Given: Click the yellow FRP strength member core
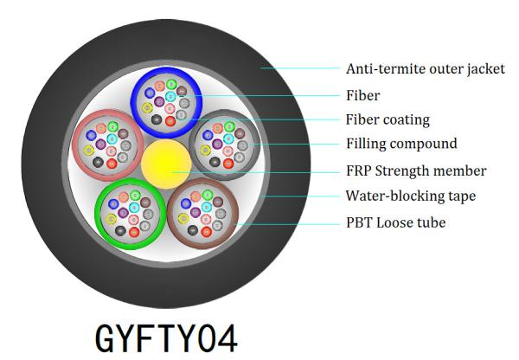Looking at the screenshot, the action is click(166, 164).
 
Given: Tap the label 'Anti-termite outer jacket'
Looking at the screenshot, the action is click(426, 69).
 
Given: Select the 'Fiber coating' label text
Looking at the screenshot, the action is click(388, 119).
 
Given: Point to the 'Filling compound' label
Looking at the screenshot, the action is click(401, 144).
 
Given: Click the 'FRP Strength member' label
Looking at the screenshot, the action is click(416, 170).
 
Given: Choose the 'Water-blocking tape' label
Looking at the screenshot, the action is click(411, 196).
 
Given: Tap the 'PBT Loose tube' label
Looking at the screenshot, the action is click(395, 222).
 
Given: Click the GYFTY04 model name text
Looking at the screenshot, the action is click(166, 338).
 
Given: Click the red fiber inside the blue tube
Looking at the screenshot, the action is click(170, 121).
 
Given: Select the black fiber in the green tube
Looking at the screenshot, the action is click(120, 230).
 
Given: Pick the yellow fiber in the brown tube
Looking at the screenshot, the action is click(183, 219).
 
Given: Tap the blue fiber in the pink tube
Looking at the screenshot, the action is click(91, 135).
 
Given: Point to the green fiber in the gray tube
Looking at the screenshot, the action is click(229, 126).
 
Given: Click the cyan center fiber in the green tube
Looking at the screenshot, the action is click(134, 208).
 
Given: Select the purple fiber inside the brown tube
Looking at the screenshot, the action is click(195, 212).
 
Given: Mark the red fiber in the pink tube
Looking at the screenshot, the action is click(112, 164).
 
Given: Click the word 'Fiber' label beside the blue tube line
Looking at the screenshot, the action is click(362, 95).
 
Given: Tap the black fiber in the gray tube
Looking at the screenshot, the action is click(215, 162).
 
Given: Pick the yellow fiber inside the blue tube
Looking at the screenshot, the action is click(147, 107).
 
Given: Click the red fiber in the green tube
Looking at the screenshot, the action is click(134, 232).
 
